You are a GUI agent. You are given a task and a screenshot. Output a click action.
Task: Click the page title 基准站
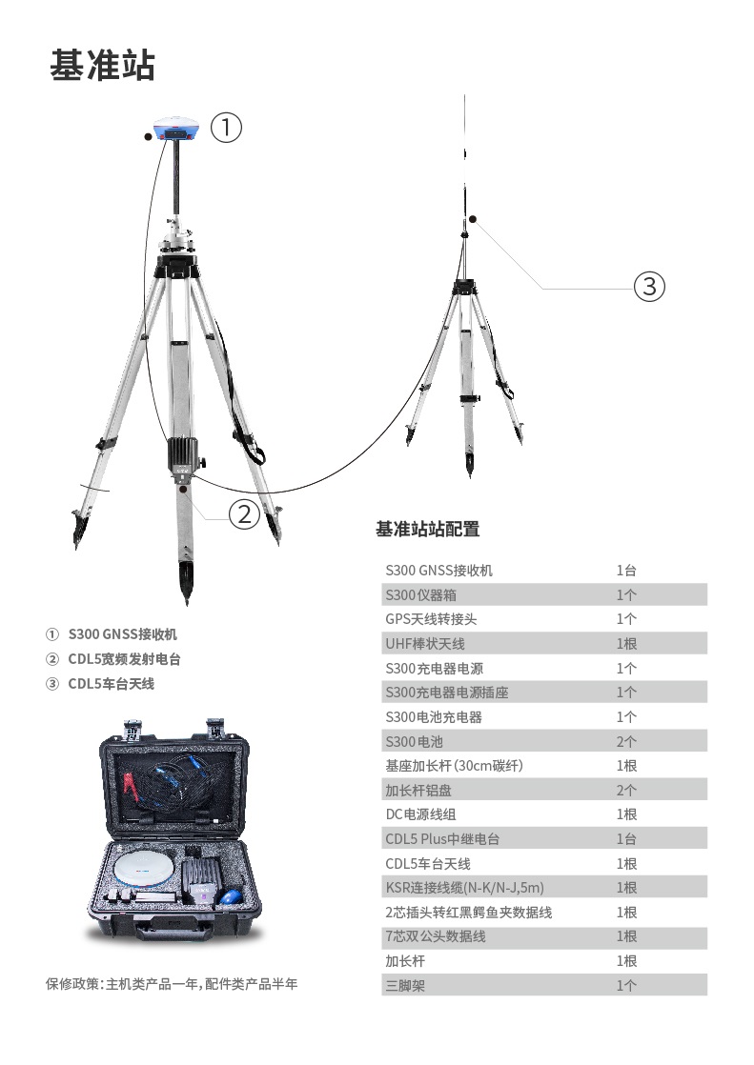point(102,65)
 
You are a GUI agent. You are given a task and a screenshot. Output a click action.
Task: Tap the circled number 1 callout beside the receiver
point(226,127)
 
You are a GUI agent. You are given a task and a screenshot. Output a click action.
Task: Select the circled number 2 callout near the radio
point(244,513)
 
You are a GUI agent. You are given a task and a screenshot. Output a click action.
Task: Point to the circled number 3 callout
point(649,286)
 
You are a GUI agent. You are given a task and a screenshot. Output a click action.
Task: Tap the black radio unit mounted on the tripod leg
point(183,455)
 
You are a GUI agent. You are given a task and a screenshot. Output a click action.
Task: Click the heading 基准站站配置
point(428,529)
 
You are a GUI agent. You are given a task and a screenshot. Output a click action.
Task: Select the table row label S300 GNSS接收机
point(438,571)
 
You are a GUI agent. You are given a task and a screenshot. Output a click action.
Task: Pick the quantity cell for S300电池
point(626,742)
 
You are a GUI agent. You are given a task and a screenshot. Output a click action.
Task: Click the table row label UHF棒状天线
point(425,644)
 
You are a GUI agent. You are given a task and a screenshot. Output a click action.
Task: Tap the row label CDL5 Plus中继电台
point(442,839)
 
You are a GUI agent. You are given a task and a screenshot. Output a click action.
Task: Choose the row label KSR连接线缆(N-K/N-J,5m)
point(464,888)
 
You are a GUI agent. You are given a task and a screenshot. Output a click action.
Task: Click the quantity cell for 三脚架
point(626,986)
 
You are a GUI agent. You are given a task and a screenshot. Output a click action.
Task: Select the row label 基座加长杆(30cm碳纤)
point(454,766)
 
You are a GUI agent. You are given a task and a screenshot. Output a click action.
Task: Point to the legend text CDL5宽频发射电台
point(125,659)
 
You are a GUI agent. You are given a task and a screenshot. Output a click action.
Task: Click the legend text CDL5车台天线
point(111,684)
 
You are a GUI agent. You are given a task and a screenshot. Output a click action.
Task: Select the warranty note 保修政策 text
point(172,984)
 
